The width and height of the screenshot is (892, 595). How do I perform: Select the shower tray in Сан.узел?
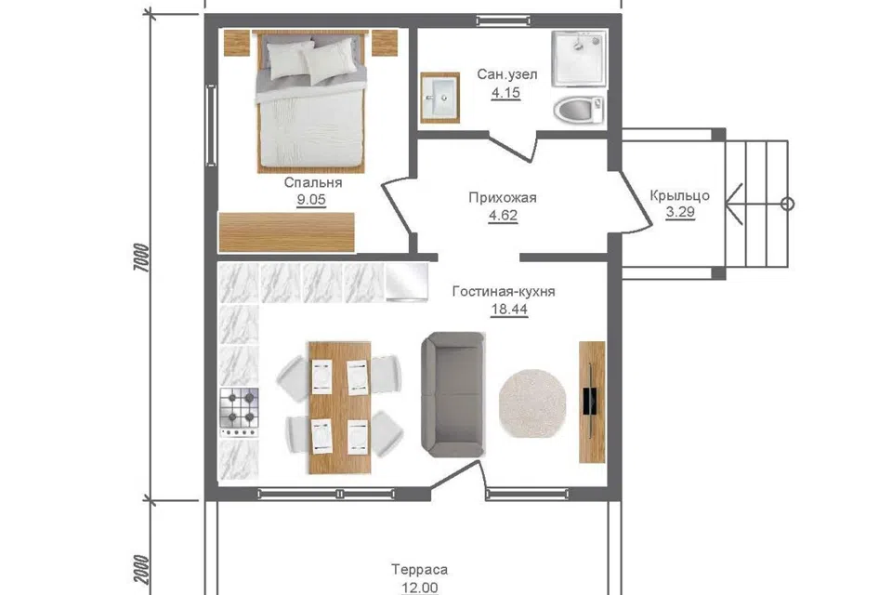(579, 59)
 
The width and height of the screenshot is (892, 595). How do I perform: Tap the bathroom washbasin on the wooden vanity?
(440, 98)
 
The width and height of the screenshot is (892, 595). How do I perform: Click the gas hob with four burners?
(240, 412)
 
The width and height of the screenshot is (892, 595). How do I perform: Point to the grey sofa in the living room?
(453, 394)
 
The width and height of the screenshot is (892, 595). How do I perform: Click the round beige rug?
(532, 403)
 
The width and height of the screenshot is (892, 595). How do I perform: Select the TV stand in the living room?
(592, 402)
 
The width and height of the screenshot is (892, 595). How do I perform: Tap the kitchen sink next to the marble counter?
(407, 282)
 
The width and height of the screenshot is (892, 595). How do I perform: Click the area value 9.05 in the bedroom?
(311, 200)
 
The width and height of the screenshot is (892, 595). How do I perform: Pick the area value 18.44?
(509, 310)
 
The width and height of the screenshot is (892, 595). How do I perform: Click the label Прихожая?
(503, 198)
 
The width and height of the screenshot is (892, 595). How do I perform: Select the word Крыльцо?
(680, 196)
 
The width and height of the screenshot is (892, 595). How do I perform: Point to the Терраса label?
(419, 569)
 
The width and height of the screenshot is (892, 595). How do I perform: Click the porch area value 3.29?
(680, 212)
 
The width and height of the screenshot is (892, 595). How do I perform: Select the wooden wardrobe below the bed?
(287, 232)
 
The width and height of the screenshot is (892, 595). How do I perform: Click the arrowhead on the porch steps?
(733, 204)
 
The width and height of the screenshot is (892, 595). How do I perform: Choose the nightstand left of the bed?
(237, 43)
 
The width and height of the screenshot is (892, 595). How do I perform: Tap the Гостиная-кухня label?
(504, 292)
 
